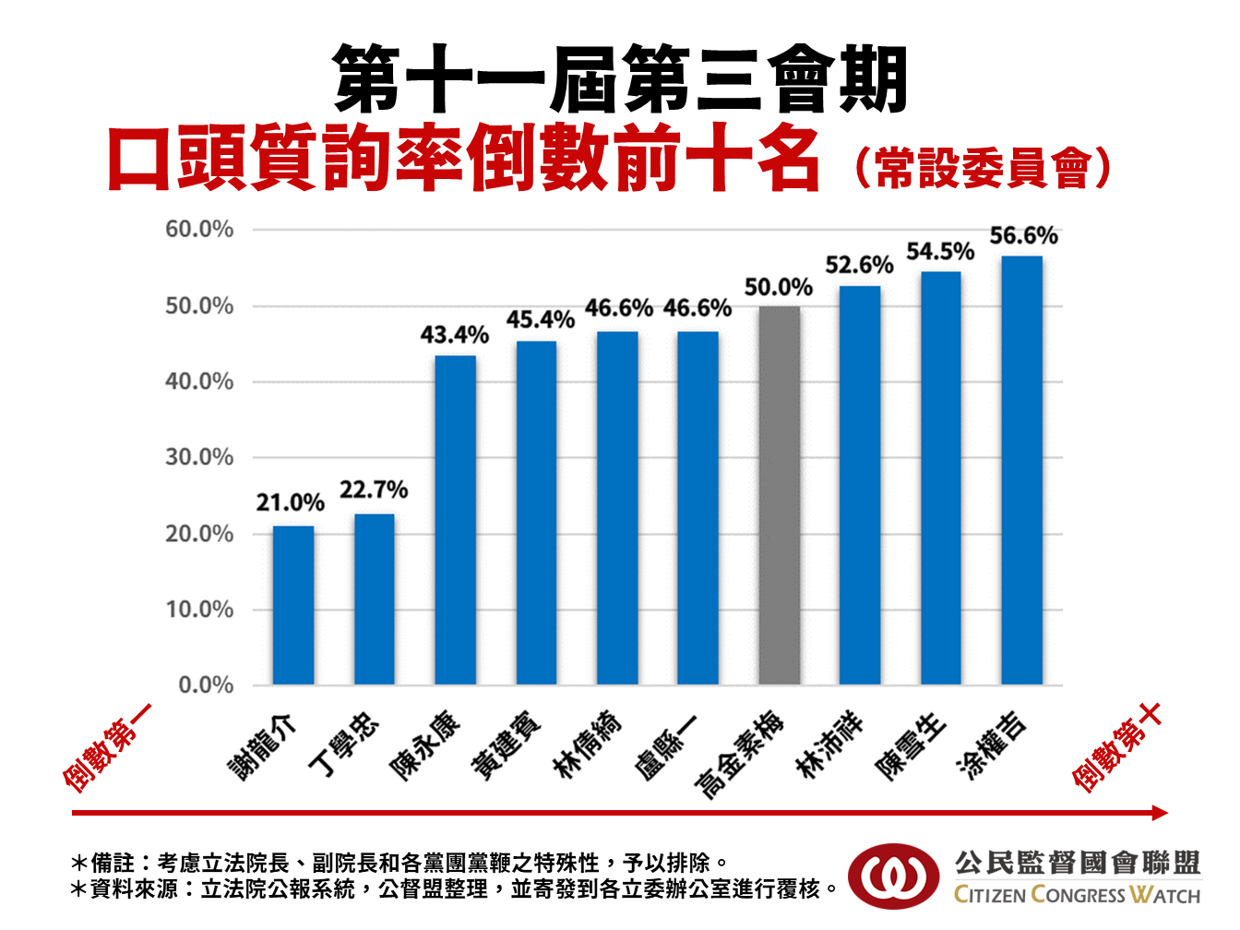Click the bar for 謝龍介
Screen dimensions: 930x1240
pos(293,605)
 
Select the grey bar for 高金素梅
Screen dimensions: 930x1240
pos(779,495)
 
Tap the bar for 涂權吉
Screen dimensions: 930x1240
pos(1021,471)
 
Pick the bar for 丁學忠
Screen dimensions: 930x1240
pos(374,599)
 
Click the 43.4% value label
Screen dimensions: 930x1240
pos(454,335)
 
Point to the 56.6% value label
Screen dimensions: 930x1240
pos(1023,236)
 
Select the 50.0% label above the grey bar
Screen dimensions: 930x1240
pos(779,288)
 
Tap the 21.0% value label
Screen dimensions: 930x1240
pos(291,504)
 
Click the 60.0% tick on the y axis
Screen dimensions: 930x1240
pos(199,230)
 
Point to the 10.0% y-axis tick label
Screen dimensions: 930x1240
pos(199,610)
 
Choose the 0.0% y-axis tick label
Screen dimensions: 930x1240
pos(206,686)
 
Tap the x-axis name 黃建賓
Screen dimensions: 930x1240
pos(507,746)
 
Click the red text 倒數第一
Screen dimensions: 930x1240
pos(107,747)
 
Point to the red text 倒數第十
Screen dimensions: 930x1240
pos(1116,747)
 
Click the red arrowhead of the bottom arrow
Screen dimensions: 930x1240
pos(1160,813)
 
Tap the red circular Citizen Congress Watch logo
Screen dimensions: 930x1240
pos(891,876)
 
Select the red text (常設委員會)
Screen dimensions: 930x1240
pos(982,167)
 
